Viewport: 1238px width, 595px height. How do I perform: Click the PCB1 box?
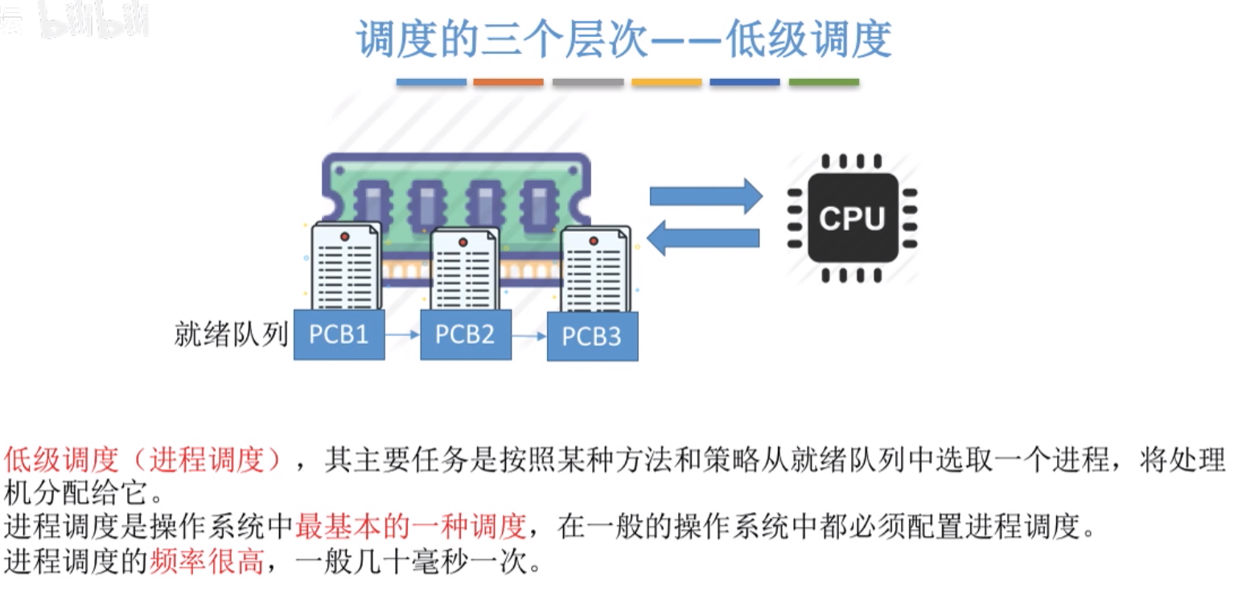pos(339,334)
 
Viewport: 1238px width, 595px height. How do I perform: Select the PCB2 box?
pos(465,334)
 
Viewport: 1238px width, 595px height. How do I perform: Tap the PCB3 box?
pos(592,336)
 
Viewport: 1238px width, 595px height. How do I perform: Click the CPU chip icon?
pos(852,217)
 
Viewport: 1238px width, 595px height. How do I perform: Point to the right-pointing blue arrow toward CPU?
pos(705,196)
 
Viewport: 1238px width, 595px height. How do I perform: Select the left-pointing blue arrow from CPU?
pos(704,238)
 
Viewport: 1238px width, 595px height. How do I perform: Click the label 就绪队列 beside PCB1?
pos(231,334)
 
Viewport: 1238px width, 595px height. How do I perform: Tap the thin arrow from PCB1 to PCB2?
pos(402,333)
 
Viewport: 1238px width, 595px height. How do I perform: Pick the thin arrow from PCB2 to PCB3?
pos(529,336)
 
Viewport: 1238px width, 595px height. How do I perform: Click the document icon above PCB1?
pos(344,266)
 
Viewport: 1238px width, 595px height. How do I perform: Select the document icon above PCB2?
pos(463,270)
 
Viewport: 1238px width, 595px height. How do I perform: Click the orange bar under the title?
pos(508,82)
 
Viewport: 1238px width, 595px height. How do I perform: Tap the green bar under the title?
pos(824,82)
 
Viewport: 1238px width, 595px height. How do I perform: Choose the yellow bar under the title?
pos(666,82)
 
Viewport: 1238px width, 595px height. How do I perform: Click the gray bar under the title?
pos(588,82)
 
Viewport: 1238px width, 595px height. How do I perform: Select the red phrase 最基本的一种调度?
pos(410,527)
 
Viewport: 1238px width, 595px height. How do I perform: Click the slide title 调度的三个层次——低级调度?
pos(624,39)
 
